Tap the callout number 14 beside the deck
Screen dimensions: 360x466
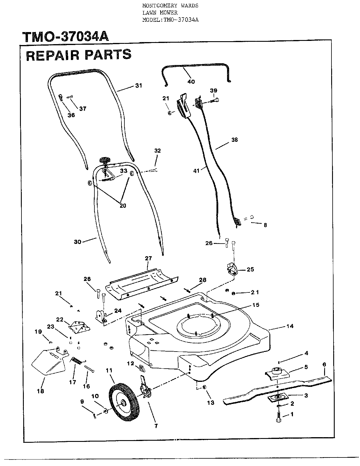(x=290, y=326)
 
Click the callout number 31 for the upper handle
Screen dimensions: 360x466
(x=139, y=86)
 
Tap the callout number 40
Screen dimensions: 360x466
(x=191, y=82)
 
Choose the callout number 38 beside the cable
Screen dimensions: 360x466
(x=235, y=140)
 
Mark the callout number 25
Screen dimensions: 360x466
(x=250, y=269)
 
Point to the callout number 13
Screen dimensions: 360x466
(x=211, y=403)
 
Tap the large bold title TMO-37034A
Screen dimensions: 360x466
(x=65, y=37)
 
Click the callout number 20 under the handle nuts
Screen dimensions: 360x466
(x=123, y=206)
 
